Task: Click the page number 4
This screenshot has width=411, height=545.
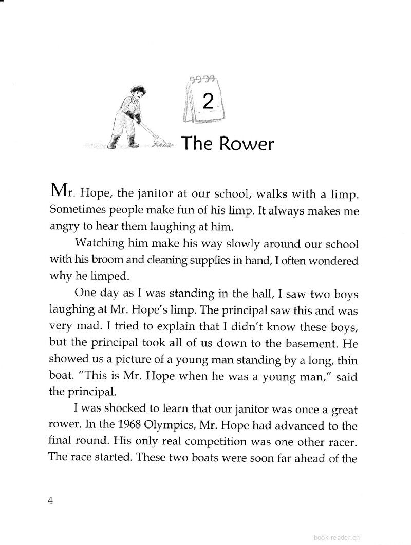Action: [x=50, y=501]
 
